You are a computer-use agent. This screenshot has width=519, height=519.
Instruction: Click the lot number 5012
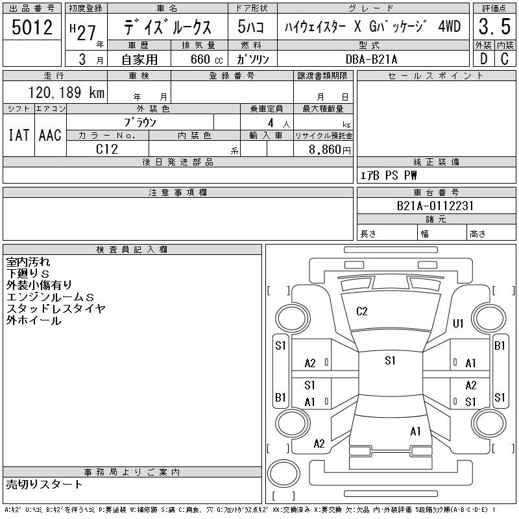click(32, 27)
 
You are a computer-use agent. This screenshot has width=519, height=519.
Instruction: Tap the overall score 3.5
click(494, 27)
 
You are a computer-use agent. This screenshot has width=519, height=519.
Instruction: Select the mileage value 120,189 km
click(66, 92)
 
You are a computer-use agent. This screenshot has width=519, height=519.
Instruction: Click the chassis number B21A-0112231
click(435, 206)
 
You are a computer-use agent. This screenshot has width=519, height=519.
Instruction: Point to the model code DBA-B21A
click(371, 59)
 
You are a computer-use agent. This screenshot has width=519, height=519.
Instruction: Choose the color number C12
click(107, 149)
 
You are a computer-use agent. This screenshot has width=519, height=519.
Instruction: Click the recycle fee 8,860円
click(330, 150)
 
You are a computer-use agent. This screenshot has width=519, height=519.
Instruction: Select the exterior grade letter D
click(483, 59)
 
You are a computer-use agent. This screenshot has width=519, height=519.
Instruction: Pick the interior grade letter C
click(505, 59)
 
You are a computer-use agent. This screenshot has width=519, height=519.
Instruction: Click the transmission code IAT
click(19, 136)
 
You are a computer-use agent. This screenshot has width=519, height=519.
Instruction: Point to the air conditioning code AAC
click(50, 136)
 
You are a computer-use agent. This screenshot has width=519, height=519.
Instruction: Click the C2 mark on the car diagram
click(362, 311)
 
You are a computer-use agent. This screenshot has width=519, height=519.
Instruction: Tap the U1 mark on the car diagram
click(458, 323)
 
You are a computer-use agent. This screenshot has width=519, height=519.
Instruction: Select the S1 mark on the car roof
click(391, 361)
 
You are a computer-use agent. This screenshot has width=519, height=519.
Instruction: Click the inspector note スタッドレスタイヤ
click(56, 309)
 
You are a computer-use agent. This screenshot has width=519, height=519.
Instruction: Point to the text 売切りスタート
click(44, 485)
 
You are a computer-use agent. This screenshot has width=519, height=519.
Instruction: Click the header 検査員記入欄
click(132, 249)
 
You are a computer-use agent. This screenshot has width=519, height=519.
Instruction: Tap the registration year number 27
click(86, 33)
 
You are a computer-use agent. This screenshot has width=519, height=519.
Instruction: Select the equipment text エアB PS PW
click(389, 175)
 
